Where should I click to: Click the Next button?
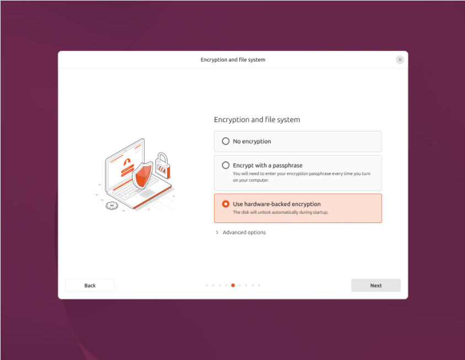[x=376, y=285]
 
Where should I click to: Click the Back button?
[x=90, y=285]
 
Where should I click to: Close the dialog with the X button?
[x=400, y=60]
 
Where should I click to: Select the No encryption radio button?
[x=226, y=141]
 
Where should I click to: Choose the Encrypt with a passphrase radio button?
[x=226, y=165]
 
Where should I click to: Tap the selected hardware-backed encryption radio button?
[x=226, y=204]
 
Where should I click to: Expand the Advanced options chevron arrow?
[x=217, y=232]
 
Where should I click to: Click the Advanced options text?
[x=244, y=232]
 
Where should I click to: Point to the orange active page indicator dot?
[x=233, y=285]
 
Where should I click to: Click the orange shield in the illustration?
[x=142, y=175]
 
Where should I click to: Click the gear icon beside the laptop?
[x=112, y=205]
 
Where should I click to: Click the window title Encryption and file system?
[x=233, y=60]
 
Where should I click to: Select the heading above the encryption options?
[x=257, y=120]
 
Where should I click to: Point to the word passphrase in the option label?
[x=287, y=165]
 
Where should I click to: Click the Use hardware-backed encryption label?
[x=277, y=204]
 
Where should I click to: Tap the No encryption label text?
[x=252, y=141]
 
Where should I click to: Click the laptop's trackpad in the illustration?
[x=147, y=193]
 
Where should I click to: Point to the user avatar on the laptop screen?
[x=127, y=162]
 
